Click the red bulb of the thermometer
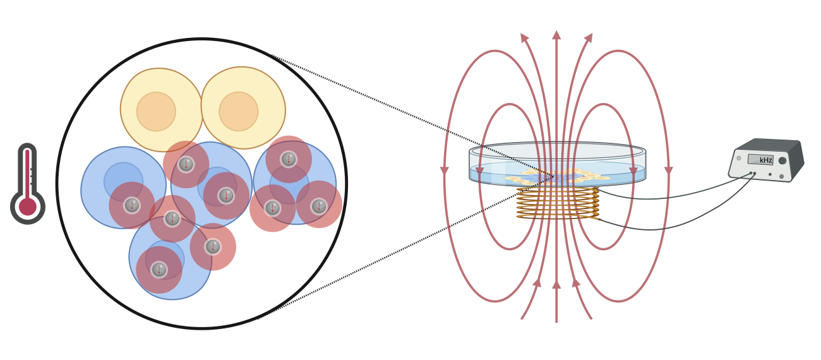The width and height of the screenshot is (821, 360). pyautogui.click(x=28, y=207)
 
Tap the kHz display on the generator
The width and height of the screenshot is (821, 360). pyautogui.click(x=760, y=160)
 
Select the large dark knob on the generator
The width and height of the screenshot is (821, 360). pyautogui.click(x=782, y=160)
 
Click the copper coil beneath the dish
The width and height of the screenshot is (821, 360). pyautogui.click(x=557, y=203)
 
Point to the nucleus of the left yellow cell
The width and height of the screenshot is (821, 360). pyautogui.click(x=156, y=112)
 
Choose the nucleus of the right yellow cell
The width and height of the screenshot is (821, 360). pyautogui.click(x=239, y=111)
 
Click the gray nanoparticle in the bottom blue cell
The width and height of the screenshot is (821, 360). pyautogui.click(x=159, y=270)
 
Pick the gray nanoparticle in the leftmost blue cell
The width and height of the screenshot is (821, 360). pyautogui.click(x=132, y=205)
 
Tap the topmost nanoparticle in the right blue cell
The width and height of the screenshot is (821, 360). pyautogui.click(x=289, y=159)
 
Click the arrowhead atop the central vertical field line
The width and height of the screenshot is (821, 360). pyautogui.click(x=556, y=35)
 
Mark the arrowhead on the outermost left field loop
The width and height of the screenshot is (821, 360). pyautogui.click(x=445, y=171)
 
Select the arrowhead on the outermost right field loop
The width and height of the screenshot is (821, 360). pyautogui.click(x=668, y=171)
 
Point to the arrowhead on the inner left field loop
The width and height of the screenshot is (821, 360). pyautogui.click(x=480, y=171)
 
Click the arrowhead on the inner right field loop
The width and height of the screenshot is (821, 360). pyautogui.click(x=633, y=171)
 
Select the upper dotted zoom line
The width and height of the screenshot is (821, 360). pyautogui.click(x=410, y=114)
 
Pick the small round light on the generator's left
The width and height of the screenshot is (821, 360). pyautogui.click(x=739, y=159)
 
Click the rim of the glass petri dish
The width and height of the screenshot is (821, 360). pyautogui.click(x=557, y=146)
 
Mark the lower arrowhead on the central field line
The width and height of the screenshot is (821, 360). pyautogui.click(x=556, y=285)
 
